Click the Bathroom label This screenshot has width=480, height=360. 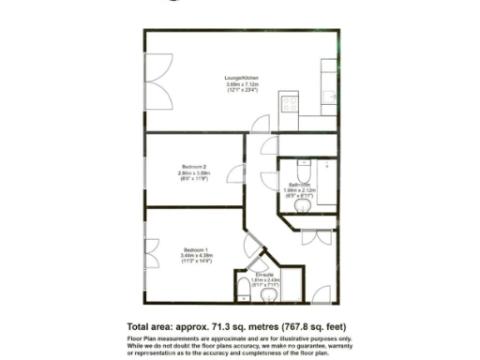coord(299,184)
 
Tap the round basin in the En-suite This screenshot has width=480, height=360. coord(269,294)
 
